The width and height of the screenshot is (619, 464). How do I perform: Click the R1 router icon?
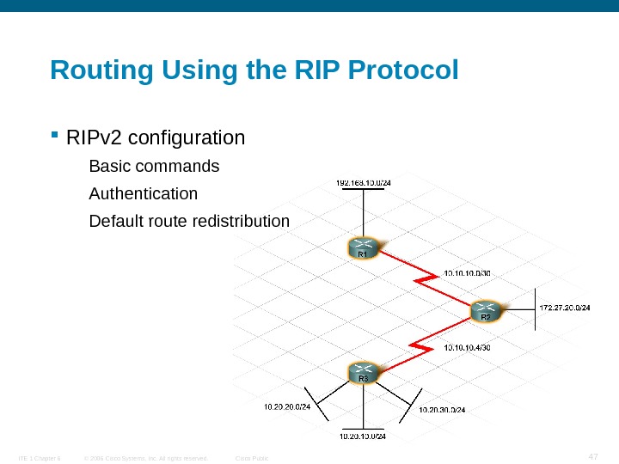click(363, 247)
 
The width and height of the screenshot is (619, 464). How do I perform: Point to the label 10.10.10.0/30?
click(467, 274)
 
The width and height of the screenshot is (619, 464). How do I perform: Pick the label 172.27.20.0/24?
click(564, 308)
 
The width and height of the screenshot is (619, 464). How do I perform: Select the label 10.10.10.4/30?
click(467, 348)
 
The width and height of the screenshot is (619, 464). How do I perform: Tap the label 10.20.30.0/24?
click(442, 410)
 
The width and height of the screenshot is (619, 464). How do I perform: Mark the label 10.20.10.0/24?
click(363, 437)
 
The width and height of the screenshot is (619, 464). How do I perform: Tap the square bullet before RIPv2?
click(54, 136)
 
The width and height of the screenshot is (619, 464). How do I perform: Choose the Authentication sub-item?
click(143, 193)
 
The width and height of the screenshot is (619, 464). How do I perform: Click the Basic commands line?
click(154, 165)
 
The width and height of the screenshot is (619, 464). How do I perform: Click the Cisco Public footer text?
click(252, 458)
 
